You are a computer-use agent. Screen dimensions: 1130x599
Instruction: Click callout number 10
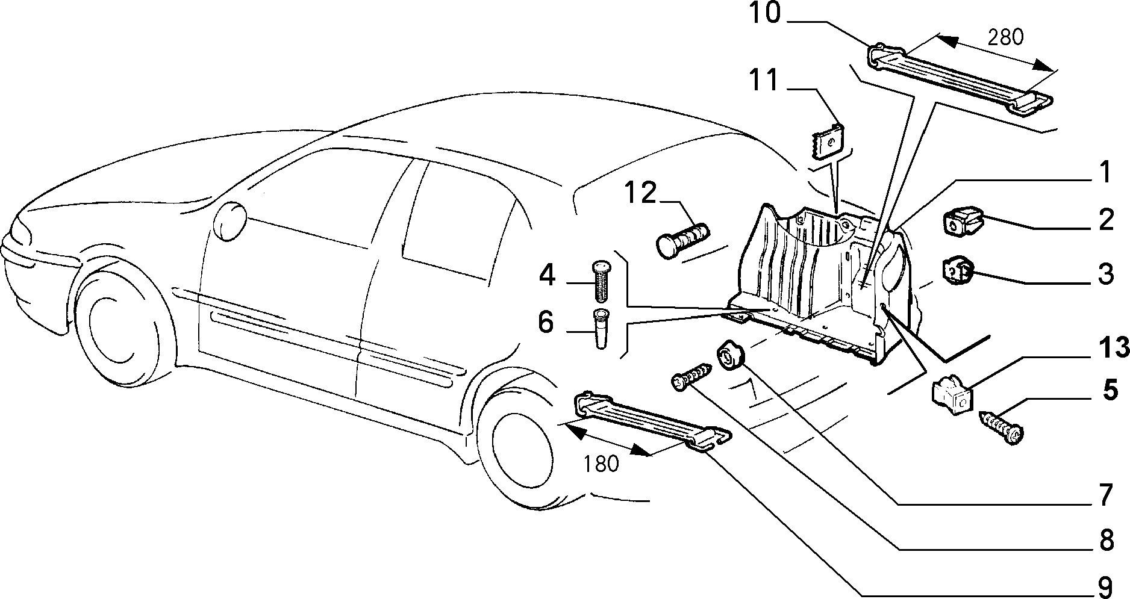point(764,13)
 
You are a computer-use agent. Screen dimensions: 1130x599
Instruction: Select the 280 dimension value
point(1005,37)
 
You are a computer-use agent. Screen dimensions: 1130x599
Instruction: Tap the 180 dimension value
point(601,464)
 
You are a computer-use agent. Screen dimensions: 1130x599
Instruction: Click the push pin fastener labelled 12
point(682,241)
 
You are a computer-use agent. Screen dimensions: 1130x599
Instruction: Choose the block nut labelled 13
point(952,396)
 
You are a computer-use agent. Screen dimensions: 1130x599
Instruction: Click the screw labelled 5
point(1001,428)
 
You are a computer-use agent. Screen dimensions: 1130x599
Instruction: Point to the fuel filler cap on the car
point(230,222)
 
